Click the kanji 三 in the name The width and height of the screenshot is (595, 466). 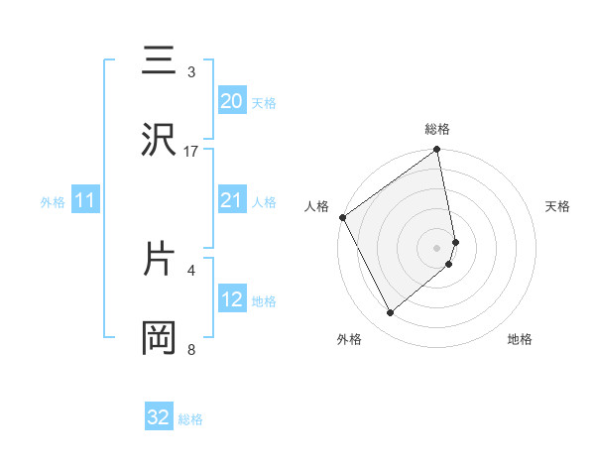[x=158, y=61]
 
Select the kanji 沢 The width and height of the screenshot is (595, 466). [x=158, y=142]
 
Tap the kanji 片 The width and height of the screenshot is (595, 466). [x=158, y=259]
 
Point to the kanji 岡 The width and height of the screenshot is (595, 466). [x=158, y=338]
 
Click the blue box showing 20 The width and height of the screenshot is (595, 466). [x=232, y=100]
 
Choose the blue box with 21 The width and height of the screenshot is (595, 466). [x=232, y=200]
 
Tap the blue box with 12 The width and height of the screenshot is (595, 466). [x=232, y=299]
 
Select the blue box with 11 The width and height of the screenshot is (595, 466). [x=85, y=201]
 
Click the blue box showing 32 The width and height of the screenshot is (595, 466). [x=159, y=417]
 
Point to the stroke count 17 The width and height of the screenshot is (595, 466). [x=191, y=152]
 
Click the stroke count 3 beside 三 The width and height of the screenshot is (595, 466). [x=191, y=72]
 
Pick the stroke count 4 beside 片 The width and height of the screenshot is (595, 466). [x=191, y=269]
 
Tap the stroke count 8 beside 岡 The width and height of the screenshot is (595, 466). [x=191, y=349]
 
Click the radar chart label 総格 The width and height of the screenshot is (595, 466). [x=437, y=129]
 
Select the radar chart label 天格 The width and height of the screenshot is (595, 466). [x=558, y=206]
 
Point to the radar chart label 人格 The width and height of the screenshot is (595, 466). [x=316, y=206]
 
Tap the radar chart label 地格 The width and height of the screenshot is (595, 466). [x=520, y=339]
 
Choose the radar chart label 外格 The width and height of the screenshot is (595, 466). [x=349, y=339]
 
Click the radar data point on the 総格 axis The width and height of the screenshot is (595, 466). [x=437, y=151]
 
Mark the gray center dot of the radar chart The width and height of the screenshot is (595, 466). [x=437, y=247]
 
